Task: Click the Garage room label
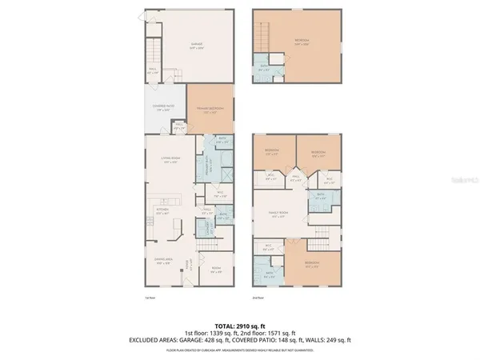pos(196,45)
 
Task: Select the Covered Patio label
pos(165,107)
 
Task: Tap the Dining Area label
pos(162,262)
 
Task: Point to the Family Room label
pos(278,214)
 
